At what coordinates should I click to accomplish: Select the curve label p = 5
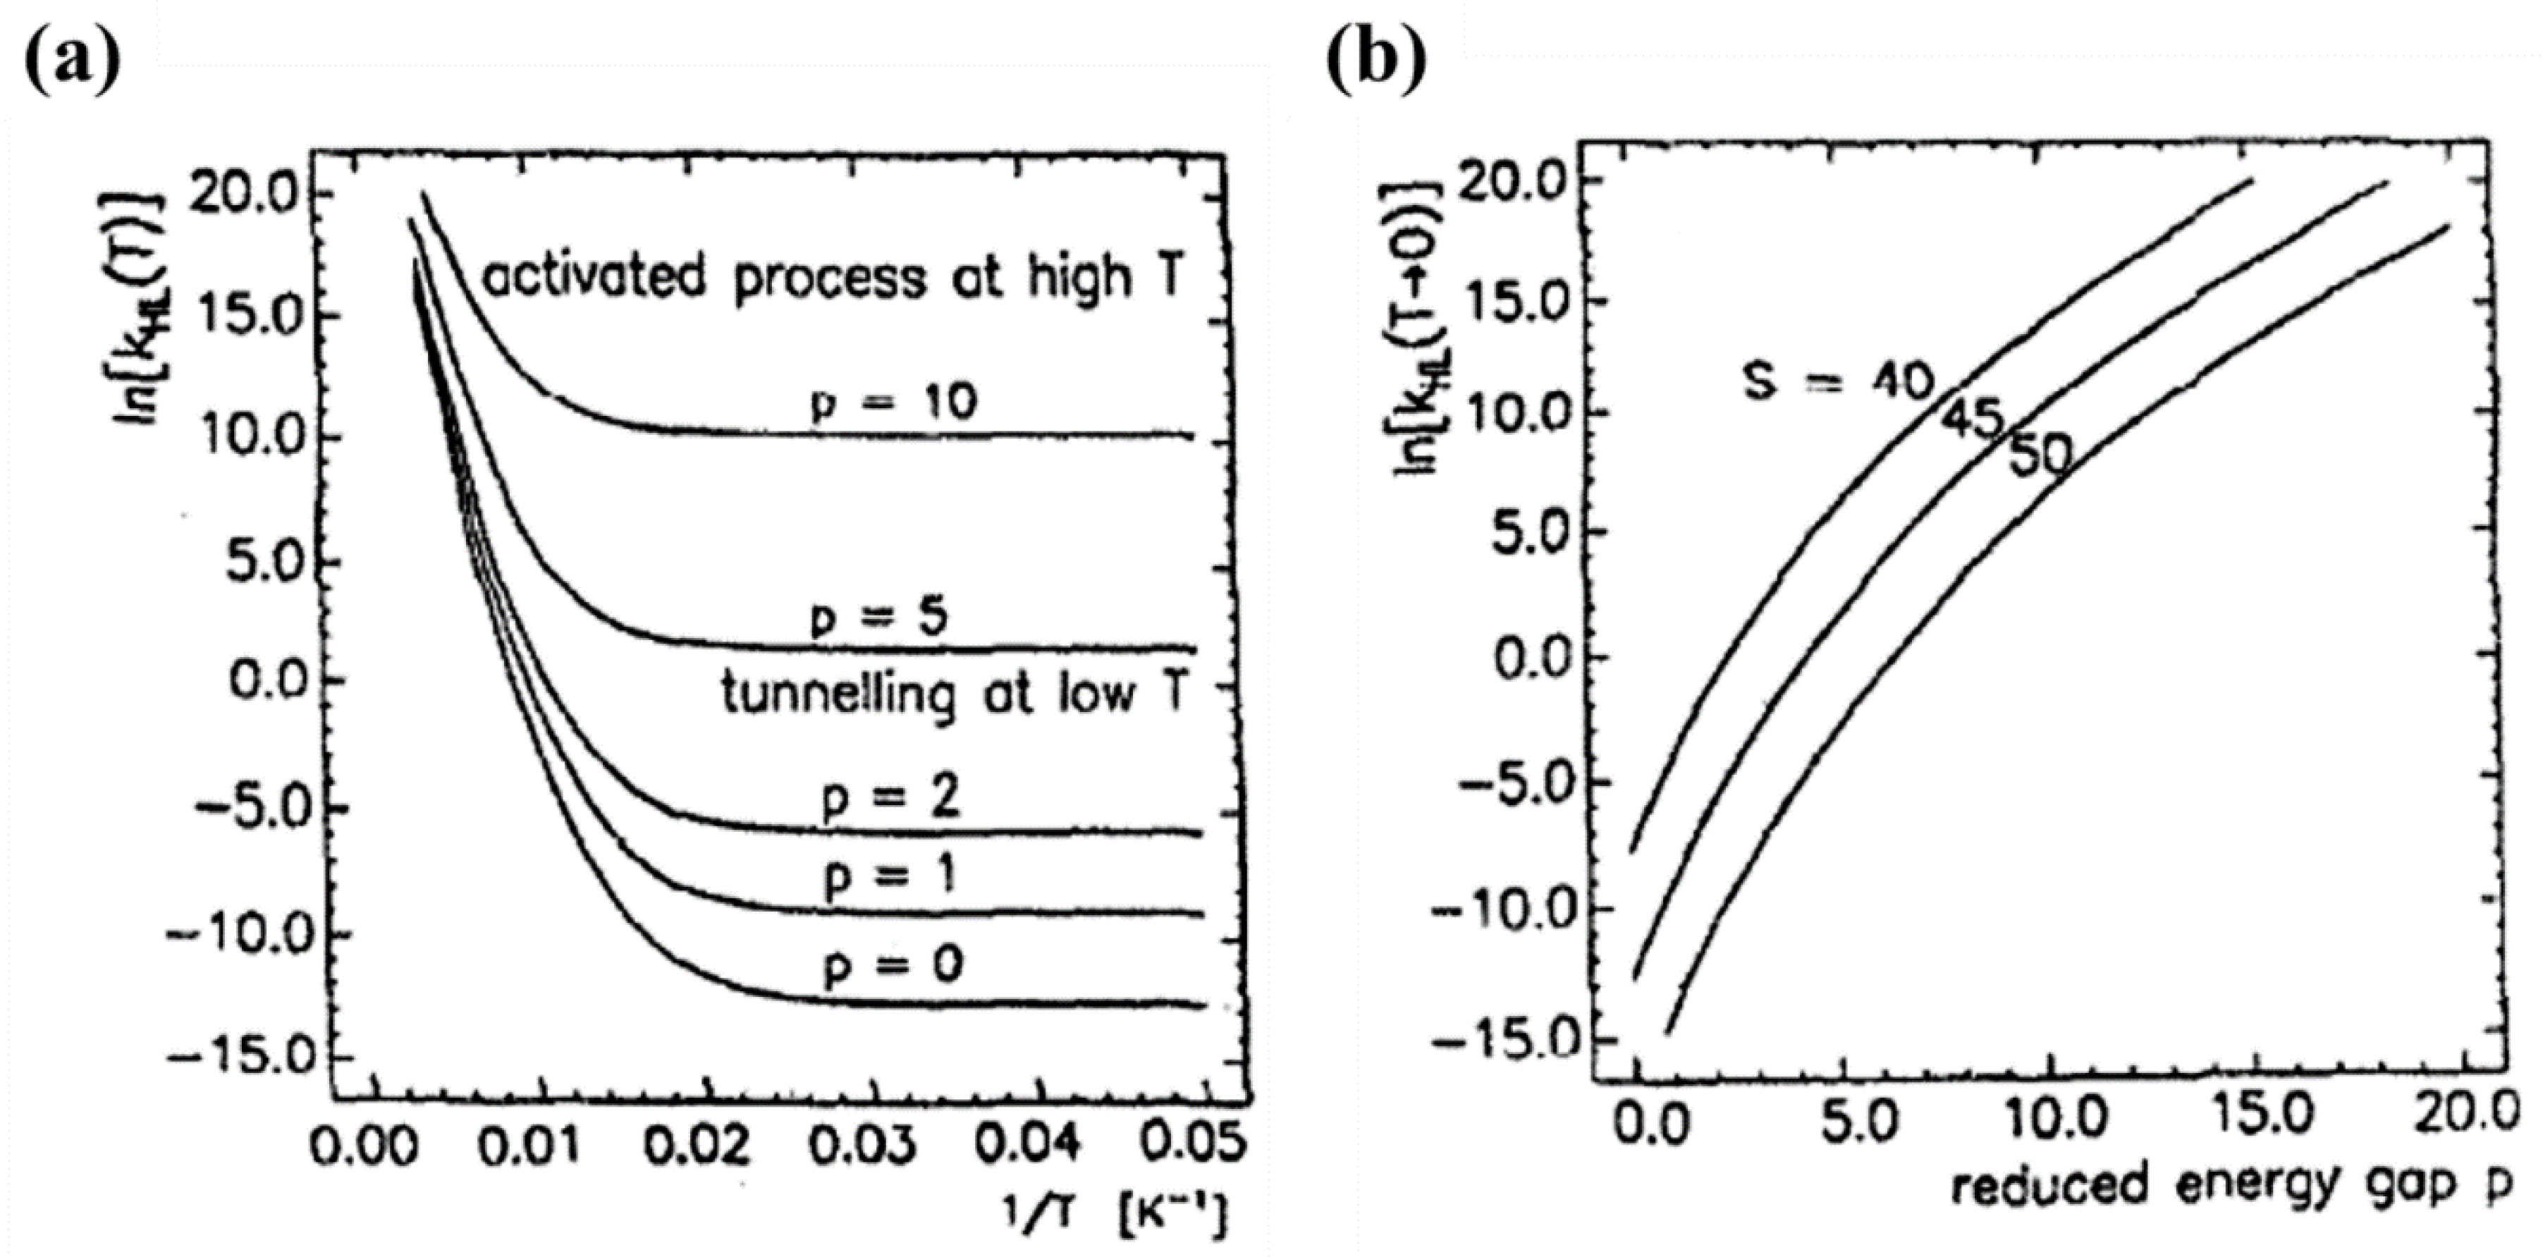pyautogui.click(x=878, y=618)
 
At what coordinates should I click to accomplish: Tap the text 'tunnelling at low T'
pyautogui.click(x=952, y=694)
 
